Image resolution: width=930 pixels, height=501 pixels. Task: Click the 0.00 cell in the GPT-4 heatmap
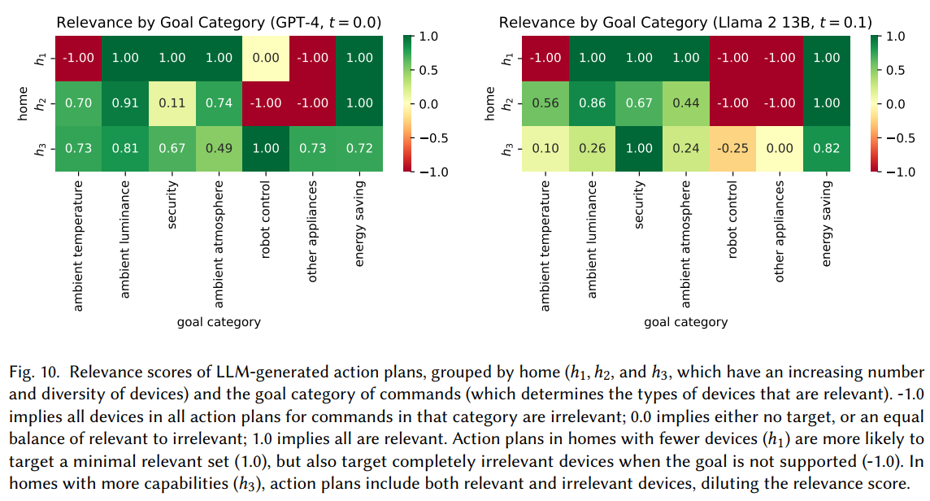click(267, 59)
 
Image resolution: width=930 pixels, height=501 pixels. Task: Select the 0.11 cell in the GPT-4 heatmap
click(172, 103)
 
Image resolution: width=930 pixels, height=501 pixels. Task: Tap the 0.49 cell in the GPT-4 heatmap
click(219, 148)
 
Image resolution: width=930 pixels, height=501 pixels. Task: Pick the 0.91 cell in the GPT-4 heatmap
click(125, 103)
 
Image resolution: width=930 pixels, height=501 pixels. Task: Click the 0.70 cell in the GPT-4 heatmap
click(78, 103)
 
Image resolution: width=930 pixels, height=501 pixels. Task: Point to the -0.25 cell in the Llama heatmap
click(733, 148)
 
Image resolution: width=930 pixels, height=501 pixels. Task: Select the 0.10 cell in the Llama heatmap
click(545, 148)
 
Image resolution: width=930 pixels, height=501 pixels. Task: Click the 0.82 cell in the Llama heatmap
click(828, 148)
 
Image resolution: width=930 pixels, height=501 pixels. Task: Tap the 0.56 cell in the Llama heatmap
click(545, 103)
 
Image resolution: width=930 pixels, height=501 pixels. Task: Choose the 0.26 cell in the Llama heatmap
click(592, 148)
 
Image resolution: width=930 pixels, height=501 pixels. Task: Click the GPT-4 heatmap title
click(219, 22)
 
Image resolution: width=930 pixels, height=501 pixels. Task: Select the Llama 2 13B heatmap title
click(686, 22)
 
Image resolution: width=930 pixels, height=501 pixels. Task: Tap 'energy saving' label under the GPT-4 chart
click(360, 223)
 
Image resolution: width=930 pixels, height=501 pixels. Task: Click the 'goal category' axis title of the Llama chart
click(686, 322)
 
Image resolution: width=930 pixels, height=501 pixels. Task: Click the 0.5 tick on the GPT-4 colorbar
click(426, 70)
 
